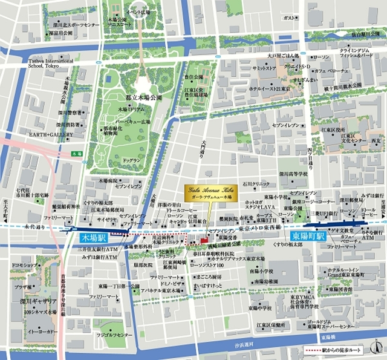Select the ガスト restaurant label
coord(290,18)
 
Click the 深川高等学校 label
coord(293,174)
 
